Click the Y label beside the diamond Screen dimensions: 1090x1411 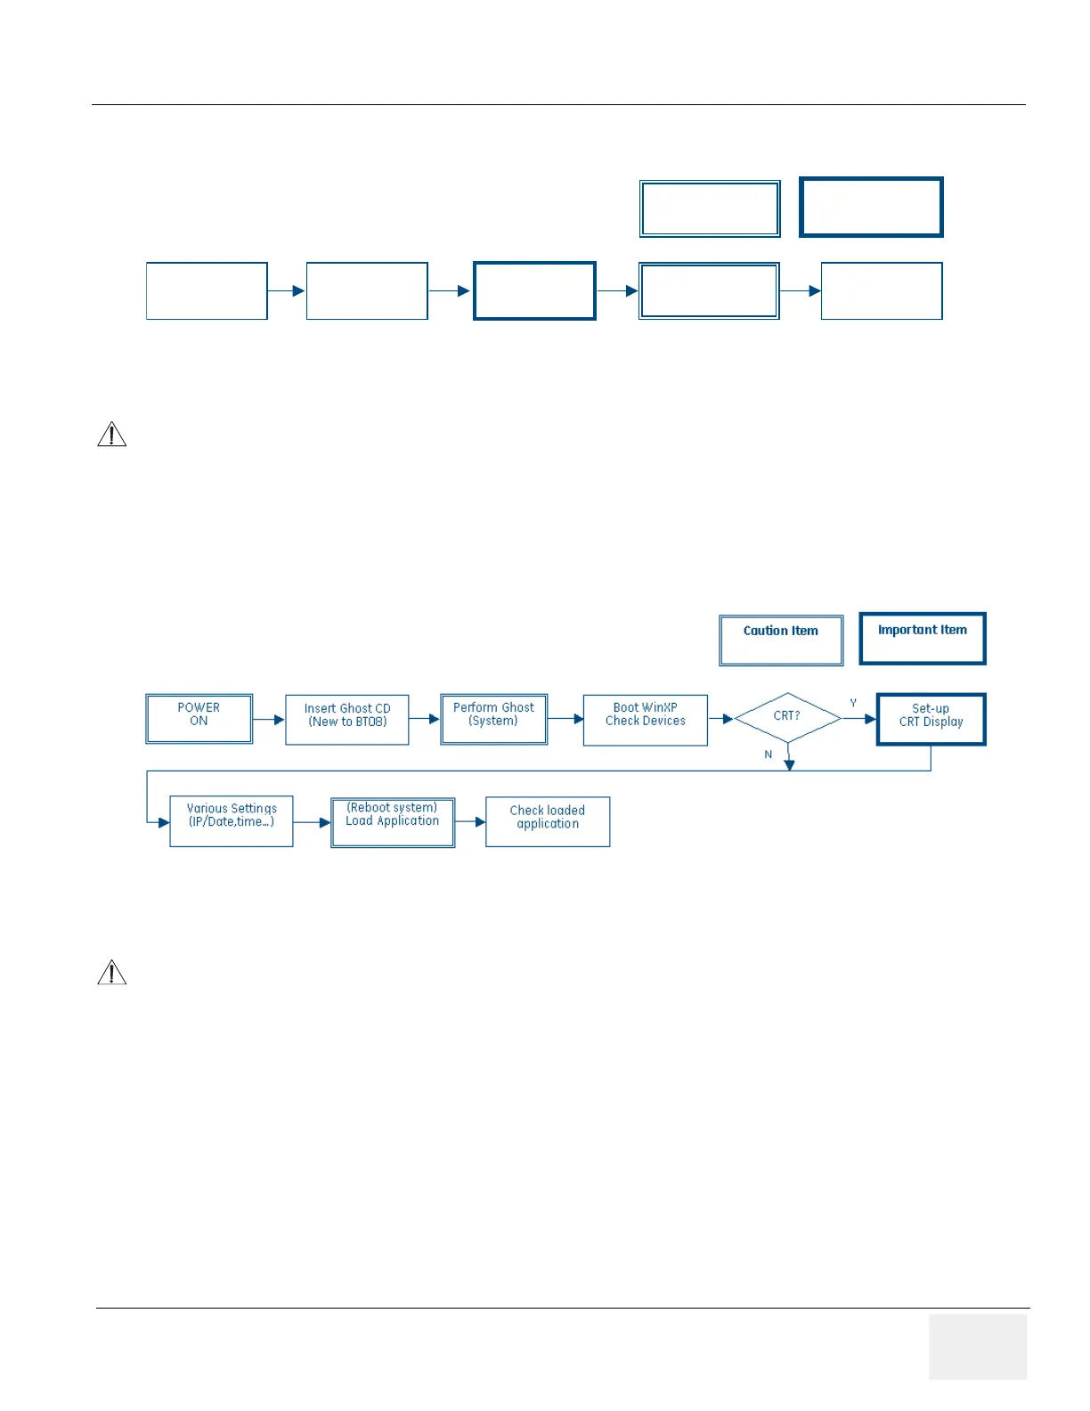(853, 703)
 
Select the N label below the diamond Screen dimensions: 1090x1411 (768, 754)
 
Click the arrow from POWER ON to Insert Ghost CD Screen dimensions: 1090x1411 (269, 720)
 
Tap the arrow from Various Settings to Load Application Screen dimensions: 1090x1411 (312, 823)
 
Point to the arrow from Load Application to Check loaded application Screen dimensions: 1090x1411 (470, 822)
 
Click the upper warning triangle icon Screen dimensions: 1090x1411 (111, 434)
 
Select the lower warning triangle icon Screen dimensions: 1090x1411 (111, 972)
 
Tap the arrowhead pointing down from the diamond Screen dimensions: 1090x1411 (789, 765)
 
